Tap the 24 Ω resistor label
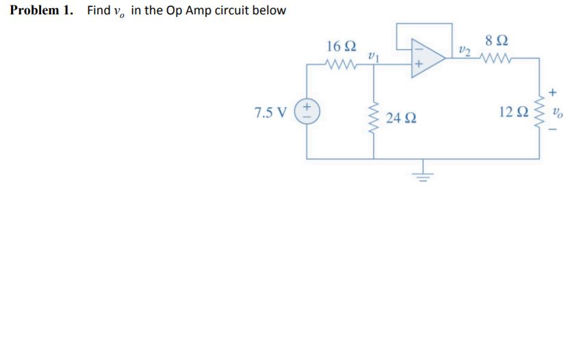[x=398, y=118]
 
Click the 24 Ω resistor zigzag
[x=374, y=120]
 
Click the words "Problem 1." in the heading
[x=43, y=11]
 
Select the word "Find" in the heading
[x=99, y=11]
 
